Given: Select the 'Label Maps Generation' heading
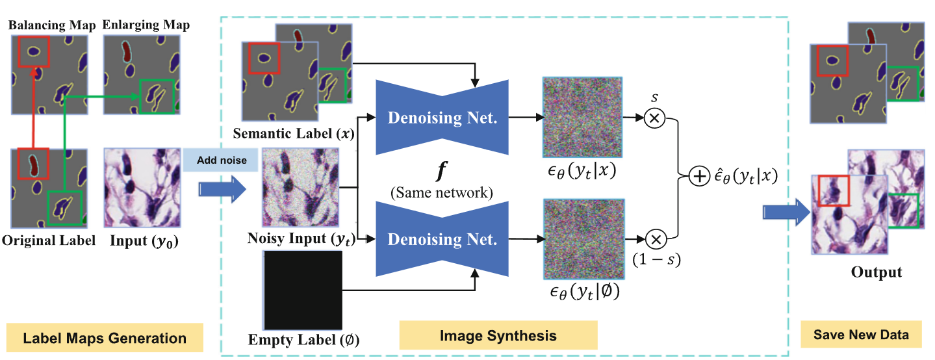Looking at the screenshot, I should (x=105, y=338).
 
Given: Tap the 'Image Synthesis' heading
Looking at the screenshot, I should (x=498, y=335).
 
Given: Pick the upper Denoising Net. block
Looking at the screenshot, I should (x=443, y=117).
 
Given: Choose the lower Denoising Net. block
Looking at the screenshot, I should (x=443, y=239).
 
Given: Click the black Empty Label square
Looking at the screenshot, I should (x=303, y=290).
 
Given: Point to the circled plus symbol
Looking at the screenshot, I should (x=699, y=177).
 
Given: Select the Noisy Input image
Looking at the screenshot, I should (x=300, y=188).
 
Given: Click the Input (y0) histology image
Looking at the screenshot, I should (x=142, y=188).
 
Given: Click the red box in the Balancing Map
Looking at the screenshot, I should (x=33, y=51).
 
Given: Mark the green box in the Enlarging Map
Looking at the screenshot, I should (x=156, y=98).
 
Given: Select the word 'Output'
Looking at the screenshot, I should (x=877, y=272).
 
